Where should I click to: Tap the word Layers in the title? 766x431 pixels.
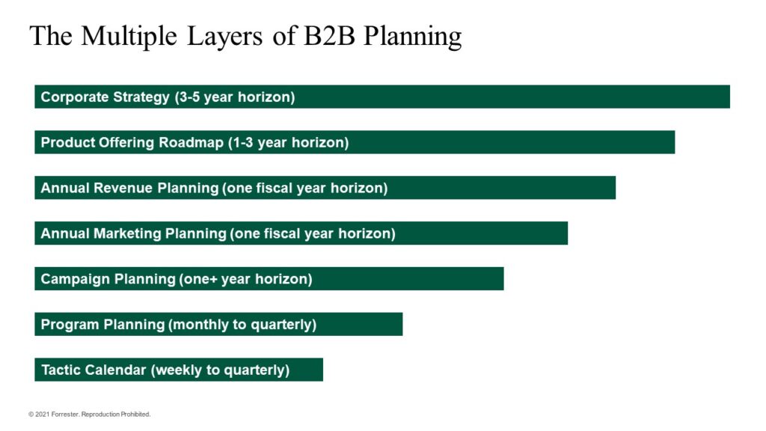(228, 36)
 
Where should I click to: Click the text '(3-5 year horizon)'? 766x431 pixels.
(235, 97)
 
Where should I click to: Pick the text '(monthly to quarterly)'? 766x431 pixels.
(242, 325)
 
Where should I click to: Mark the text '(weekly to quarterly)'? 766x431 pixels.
(220, 370)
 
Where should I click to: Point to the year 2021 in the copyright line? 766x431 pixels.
(42, 414)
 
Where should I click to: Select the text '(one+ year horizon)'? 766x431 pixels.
(245, 280)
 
